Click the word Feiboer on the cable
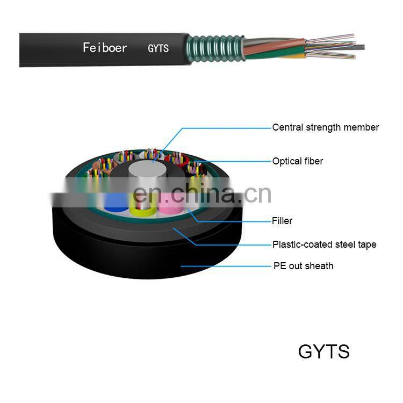pos(105,48)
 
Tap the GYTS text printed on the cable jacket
pos(158,48)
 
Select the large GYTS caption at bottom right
pos(323,351)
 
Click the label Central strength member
pos(325,127)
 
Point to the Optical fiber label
pos(298,161)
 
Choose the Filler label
pos(282,221)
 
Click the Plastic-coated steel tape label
pos(324,244)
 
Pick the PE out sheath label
pos(303,265)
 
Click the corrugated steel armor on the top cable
pos(210,48)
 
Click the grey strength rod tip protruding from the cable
pos(359,47)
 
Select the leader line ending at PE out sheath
pos(226,265)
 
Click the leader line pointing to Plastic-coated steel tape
pos(231,244)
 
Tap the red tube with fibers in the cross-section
pos(176,159)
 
